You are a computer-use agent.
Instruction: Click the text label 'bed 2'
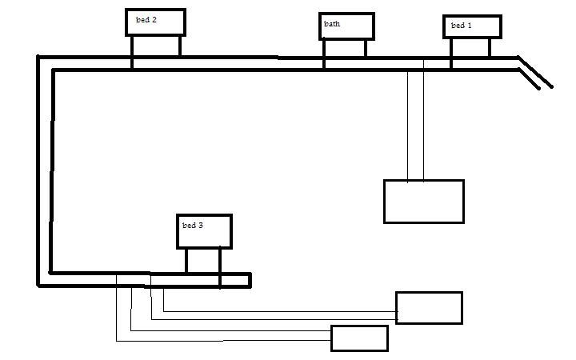pyautogui.click(x=146, y=19)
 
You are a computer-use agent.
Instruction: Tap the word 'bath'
pyautogui.click(x=332, y=24)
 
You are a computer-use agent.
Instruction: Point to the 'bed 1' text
pyautogui.click(x=462, y=26)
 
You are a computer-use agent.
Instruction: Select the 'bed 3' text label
pyautogui.click(x=193, y=226)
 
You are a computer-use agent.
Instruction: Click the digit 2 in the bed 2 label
pyautogui.click(x=154, y=19)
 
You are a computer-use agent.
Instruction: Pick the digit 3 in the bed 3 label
pyautogui.click(x=201, y=226)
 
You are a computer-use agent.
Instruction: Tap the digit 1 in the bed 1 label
pyautogui.click(x=470, y=26)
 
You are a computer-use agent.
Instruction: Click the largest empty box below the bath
pyautogui.click(x=424, y=201)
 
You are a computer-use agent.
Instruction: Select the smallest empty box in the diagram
pyautogui.click(x=359, y=338)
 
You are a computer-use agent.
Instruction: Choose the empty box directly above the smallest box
pyautogui.click(x=429, y=308)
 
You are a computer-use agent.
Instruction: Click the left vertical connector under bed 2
pyautogui.click(x=133, y=46)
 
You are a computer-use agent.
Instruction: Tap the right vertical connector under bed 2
pyautogui.click(x=179, y=46)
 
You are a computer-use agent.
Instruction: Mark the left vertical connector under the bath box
pyautogui.click(x=324, y=49)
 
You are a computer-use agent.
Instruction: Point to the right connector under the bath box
pyautogui.click(x=366, y=49)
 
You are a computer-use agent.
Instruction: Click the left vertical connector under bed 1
pyautogui.click(x=451, y=48)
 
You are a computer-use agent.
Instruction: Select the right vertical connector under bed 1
pyautogui.click(x=490, y=48)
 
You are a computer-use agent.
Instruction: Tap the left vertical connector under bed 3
pyautogui.click(x=186, y=261)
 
